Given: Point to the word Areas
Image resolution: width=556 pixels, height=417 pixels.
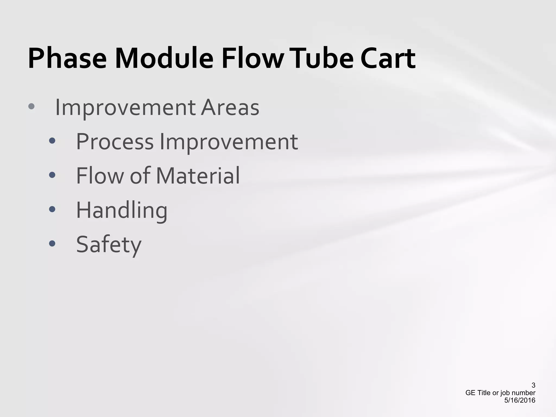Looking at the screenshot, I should click(230, 108).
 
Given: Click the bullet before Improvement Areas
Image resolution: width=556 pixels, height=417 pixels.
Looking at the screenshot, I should click(31, 106).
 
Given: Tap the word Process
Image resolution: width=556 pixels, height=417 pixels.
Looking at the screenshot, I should click(115, 142).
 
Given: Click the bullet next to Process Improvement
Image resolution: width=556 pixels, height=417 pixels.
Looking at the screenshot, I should click(52, 141).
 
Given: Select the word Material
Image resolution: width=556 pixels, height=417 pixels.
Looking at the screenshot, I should click(198, 176).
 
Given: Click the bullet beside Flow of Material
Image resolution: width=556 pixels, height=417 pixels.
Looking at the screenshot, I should click(52, 175).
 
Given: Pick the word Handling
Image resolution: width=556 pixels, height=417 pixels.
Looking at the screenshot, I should click(122, 210).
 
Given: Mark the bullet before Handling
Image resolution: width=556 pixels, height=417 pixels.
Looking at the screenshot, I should click(52, 209).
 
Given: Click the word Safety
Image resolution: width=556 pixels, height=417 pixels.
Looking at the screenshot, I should click(109, 244).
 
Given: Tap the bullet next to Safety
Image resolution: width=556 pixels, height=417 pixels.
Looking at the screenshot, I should click(52, 243).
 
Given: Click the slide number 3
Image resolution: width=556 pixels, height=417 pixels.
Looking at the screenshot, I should click(533, 385).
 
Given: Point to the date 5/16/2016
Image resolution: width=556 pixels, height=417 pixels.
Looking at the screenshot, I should click(520, 400).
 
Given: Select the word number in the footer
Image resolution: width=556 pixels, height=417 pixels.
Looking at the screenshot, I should click(524, 393).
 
